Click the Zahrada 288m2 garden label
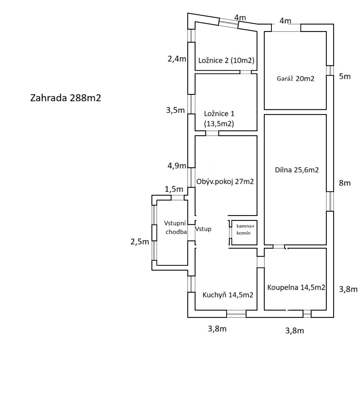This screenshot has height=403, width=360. coord(66,98)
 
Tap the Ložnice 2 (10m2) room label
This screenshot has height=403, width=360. coord(227,60)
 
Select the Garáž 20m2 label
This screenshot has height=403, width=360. coord(295,79)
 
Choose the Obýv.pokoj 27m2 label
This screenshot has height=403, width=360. coord(225,181)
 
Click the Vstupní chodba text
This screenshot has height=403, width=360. coord(176,228)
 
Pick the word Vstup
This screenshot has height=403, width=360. coord(203,229)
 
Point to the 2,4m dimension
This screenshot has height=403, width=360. coord(177,59)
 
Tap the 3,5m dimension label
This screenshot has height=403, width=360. coord(176,110)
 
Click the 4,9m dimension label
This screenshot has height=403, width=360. coord(176,166)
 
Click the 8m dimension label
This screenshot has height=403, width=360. coord(345,183)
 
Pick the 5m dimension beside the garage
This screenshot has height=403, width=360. coord(345,76)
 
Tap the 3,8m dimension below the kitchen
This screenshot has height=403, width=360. coord(217,329)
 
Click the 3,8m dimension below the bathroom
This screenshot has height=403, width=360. coord(295,331)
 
